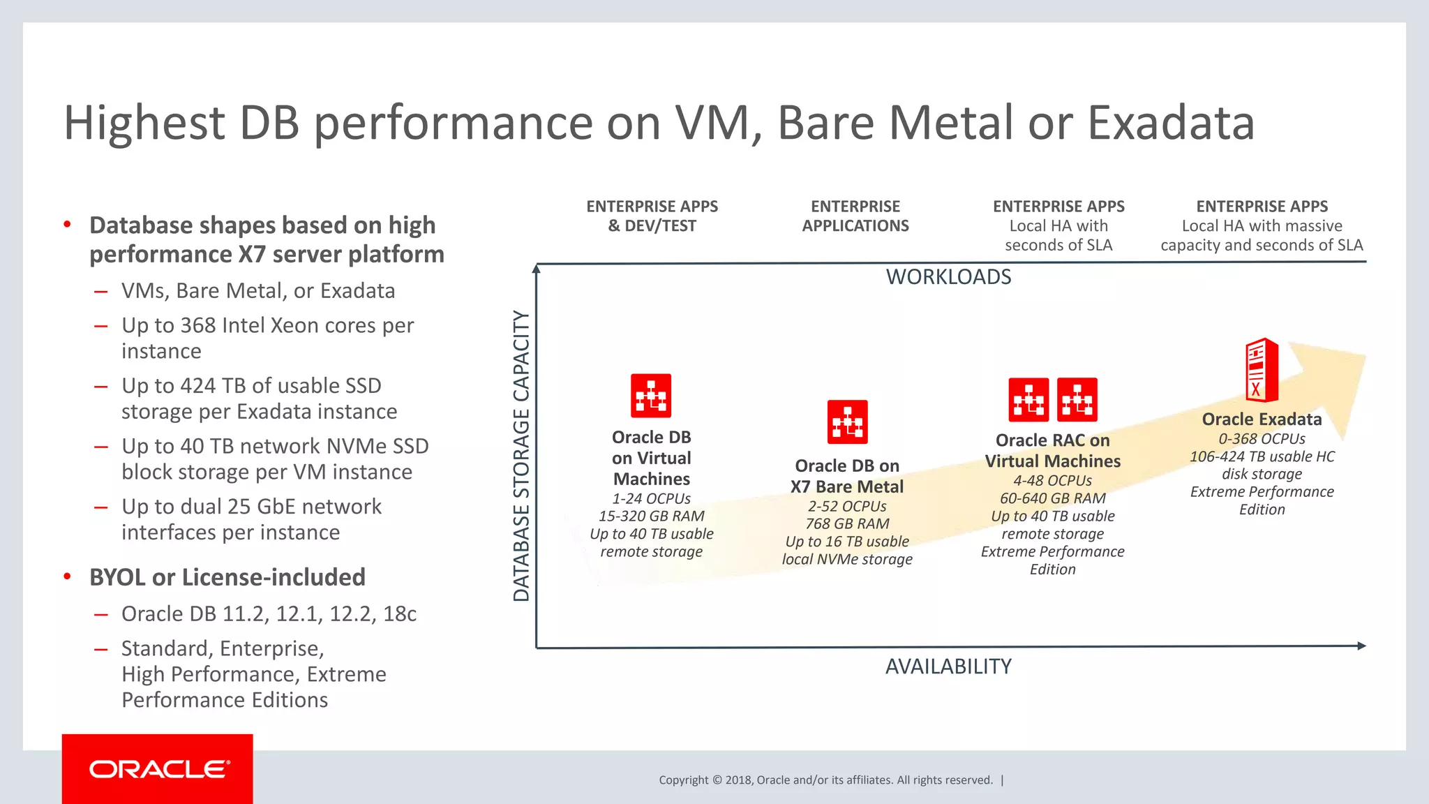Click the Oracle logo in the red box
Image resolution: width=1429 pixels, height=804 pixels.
[159, 769]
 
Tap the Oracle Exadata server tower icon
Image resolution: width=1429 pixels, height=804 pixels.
[1262, 370]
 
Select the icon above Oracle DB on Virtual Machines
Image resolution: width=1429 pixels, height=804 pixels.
[651, 396]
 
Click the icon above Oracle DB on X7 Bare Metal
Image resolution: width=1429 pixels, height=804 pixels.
[847, 422]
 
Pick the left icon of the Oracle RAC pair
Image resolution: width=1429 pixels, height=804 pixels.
[1028, 400]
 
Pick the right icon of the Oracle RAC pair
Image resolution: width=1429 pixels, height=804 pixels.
[1077, 400]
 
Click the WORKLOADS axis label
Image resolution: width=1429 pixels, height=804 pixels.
[948, 277]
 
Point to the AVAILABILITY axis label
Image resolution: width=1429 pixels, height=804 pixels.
[948, 667]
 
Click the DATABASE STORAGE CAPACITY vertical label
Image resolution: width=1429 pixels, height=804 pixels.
[521, 456]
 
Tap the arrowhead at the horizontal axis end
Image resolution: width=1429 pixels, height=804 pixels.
[1361, 646]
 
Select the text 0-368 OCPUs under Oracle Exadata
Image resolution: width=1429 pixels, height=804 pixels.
[1262, 439]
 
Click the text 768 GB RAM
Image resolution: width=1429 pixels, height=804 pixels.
[847, 523]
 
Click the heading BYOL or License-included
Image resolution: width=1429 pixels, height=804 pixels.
[227, 577]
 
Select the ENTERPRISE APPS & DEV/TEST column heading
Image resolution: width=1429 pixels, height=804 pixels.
[652, 216]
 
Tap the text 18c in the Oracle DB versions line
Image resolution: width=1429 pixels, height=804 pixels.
[400, 614]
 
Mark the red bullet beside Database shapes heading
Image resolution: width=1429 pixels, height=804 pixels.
[68, 224]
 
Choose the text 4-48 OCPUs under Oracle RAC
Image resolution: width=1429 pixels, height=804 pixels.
[1052, 481]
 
